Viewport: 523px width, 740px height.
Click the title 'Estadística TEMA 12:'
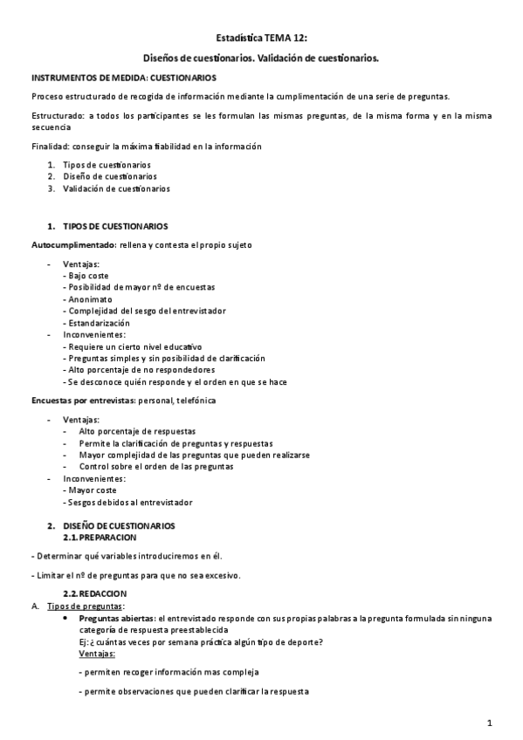pos(261,39)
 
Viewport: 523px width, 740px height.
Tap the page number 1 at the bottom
pos(491,723)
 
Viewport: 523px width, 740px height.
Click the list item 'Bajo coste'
pos(95,276)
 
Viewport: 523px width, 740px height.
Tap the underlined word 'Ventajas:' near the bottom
pos(96,654)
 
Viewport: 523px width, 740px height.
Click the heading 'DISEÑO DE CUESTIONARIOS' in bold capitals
pos(119,525)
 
